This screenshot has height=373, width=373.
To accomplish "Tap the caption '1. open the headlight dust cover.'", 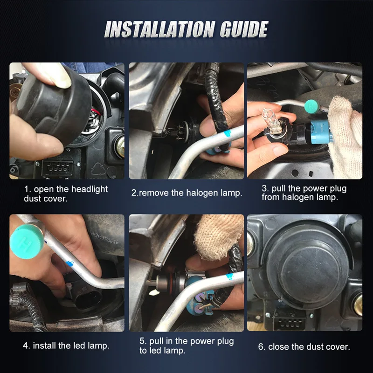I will pyautogui.click(x=66, y=193).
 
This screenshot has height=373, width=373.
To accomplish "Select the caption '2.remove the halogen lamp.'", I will pyautogui.click(x=186, y=193).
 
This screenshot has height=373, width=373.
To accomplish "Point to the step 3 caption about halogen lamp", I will pyautogui.click(x=304, y=193).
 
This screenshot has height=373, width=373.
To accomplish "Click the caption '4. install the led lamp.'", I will pyautogui.click(x=66, y=345).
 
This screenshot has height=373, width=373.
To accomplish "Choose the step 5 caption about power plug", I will pyautogui.click(x=186, y=346).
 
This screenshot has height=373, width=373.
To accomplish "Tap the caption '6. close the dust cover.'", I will pyautogui.click(x=304, y=346).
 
